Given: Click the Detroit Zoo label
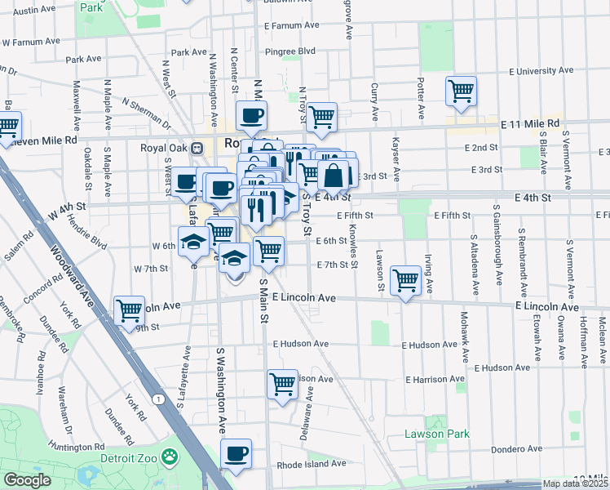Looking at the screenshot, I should click(x=127, y=457).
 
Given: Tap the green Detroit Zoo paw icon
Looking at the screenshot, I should click(x=170, y=456).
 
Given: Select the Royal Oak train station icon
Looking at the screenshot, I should click(x=196, y=149).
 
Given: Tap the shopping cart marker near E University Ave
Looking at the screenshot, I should click(x=462, y=91).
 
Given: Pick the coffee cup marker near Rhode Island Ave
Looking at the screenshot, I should click(x=236, y=453).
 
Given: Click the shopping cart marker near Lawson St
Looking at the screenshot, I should click(x=405, y=280).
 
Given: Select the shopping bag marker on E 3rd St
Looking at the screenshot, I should click(x=334, y=174).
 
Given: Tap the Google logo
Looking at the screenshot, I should click(x=27, y=480).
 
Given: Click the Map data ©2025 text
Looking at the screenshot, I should click(x=575, y=483).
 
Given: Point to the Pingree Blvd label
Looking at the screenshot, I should click(x=290, y=51).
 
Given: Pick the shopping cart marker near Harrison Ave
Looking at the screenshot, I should click(x=282, y=383).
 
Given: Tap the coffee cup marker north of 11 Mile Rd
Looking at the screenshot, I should click(x=251, y=115).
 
